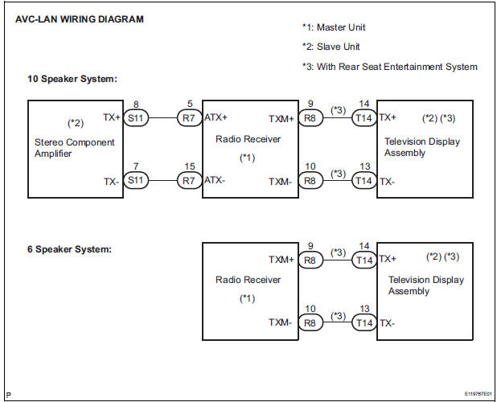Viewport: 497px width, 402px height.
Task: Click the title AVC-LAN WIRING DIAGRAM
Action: coord(80,19)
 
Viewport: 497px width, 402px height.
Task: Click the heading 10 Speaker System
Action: coord(72,79)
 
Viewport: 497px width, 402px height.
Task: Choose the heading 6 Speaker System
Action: coord(69,249)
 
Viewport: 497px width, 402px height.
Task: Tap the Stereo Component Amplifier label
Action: coord(69,148)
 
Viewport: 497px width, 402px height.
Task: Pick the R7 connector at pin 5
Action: coord(188,117)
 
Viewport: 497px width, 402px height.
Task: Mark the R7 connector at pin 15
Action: coord(188,181)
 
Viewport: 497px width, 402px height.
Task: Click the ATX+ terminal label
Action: coord(216,117)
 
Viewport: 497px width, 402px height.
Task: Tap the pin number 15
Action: coord(188,166)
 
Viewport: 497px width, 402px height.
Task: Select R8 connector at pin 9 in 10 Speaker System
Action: coord(310,117)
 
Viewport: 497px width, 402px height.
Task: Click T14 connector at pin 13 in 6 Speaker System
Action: coord(364,322)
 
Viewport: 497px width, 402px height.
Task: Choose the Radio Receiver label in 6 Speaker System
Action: coord(248,280)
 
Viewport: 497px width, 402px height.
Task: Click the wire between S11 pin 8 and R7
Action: coord(161,117)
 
